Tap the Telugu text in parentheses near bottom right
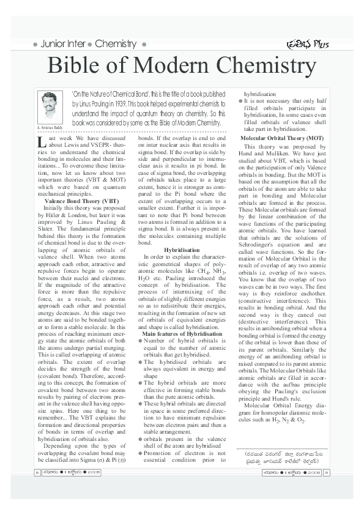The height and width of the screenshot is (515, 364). click(x=282, y=457)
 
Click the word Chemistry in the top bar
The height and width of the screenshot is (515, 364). click(x=116, y=44)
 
